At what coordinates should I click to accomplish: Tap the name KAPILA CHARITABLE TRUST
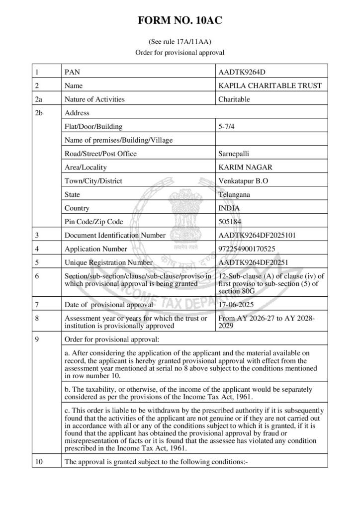pos(270,85)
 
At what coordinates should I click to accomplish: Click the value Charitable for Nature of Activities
pos(234,99)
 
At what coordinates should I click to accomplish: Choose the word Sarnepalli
pos(235,154)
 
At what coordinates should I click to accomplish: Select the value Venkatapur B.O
pos(244,181)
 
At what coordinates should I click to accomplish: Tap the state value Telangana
pos(235,194)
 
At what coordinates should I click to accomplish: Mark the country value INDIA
pos(229,208)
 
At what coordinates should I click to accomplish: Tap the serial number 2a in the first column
pos(39,99)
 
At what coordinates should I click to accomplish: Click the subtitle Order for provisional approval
pos(180,52)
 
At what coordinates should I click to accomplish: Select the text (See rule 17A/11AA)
pos(180,42)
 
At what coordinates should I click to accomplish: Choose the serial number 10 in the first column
pos(39,461)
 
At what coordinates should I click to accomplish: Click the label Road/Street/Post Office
pos(100,154)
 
